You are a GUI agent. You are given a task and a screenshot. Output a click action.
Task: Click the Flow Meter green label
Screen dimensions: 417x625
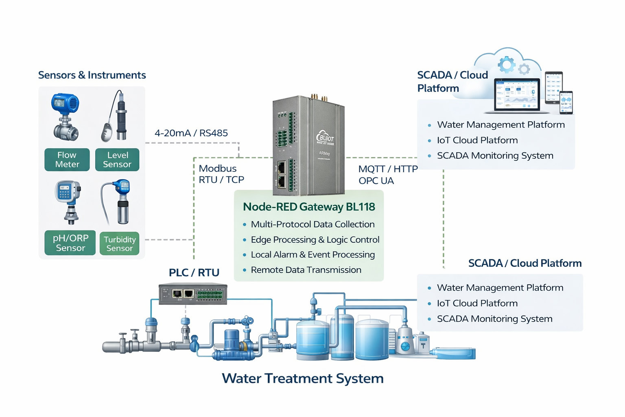[67, 160]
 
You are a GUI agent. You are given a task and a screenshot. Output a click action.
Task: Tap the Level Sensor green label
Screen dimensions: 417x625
[117, 160]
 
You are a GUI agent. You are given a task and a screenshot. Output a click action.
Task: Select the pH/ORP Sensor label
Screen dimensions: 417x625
[70, 243]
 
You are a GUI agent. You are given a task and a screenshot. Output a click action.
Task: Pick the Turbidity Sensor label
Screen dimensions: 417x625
[119, 244]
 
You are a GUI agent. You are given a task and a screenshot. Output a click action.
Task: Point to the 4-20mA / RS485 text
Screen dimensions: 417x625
[191, 133]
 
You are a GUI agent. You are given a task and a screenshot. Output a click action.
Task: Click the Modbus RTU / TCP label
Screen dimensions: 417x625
[221, 174]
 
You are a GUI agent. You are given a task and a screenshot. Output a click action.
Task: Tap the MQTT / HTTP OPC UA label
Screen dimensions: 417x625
[387, 175]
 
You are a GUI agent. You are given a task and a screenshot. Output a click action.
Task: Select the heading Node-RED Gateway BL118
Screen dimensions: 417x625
[309, 207]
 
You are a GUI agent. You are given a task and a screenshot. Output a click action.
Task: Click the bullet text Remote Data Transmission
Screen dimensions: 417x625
[306, 270]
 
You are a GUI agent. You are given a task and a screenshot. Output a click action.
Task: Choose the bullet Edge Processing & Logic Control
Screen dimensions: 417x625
[315, 240]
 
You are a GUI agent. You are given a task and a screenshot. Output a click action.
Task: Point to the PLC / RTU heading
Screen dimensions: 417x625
[194, 272]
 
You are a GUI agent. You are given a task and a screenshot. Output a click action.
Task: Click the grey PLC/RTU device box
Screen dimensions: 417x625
[192, 294]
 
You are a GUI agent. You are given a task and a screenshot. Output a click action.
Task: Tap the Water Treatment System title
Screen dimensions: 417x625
[303, 378]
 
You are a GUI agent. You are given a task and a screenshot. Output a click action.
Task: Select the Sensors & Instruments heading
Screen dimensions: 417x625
[92, 75]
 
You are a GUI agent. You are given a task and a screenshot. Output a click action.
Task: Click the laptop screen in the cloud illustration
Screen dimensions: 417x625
[517, 94]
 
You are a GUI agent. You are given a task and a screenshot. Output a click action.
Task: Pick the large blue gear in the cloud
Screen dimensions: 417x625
[507, 65]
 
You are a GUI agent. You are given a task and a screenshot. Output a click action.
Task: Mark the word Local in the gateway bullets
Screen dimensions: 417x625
[261, 255]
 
